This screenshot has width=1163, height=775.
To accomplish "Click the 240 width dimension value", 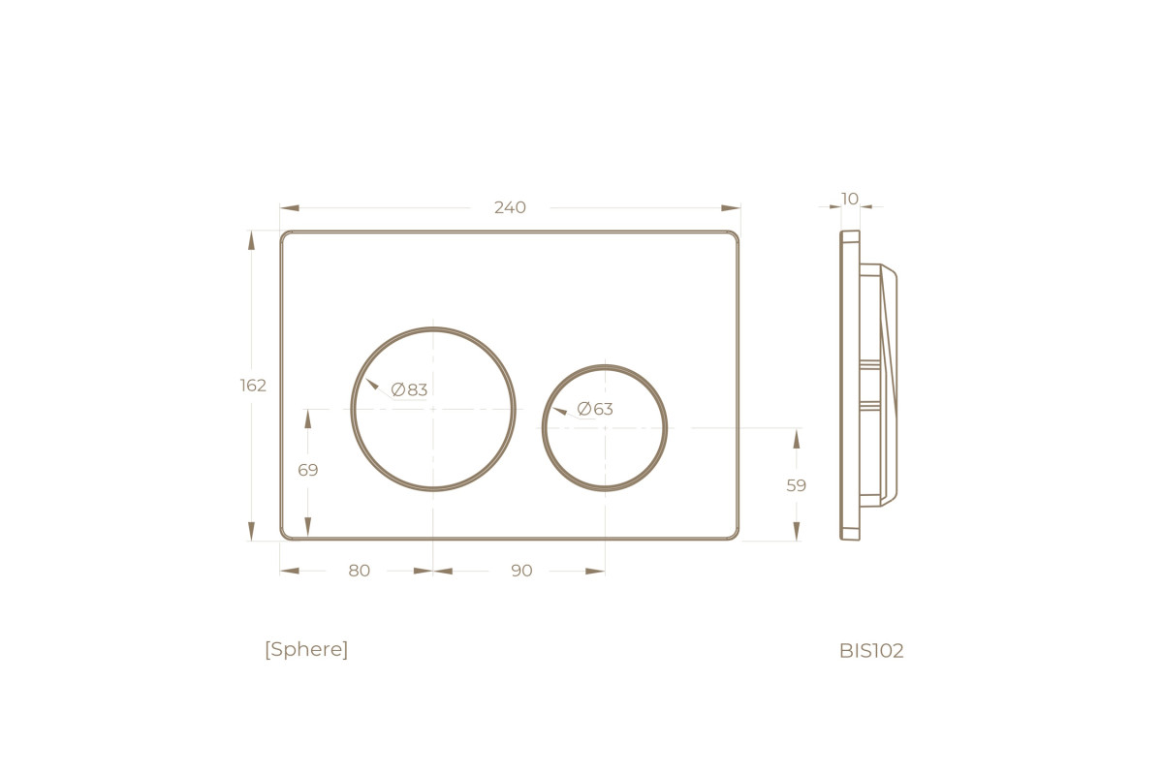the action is pos(510,207).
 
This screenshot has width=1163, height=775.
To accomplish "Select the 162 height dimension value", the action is pos(253,386).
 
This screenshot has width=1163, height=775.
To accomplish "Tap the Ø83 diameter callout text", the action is pos(409,389).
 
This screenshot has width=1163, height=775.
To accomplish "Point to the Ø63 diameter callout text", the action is pos(595,409).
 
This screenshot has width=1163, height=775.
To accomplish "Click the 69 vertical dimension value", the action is pos(308,470).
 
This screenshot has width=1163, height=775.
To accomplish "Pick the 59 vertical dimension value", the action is pos(796,485).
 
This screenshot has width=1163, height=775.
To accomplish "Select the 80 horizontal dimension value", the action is pos(359,571).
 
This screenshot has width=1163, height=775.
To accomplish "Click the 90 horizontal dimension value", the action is pos(521,571).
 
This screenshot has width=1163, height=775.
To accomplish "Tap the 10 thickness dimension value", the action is pos(849,199).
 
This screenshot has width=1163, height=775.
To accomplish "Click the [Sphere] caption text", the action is pos(306,649).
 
